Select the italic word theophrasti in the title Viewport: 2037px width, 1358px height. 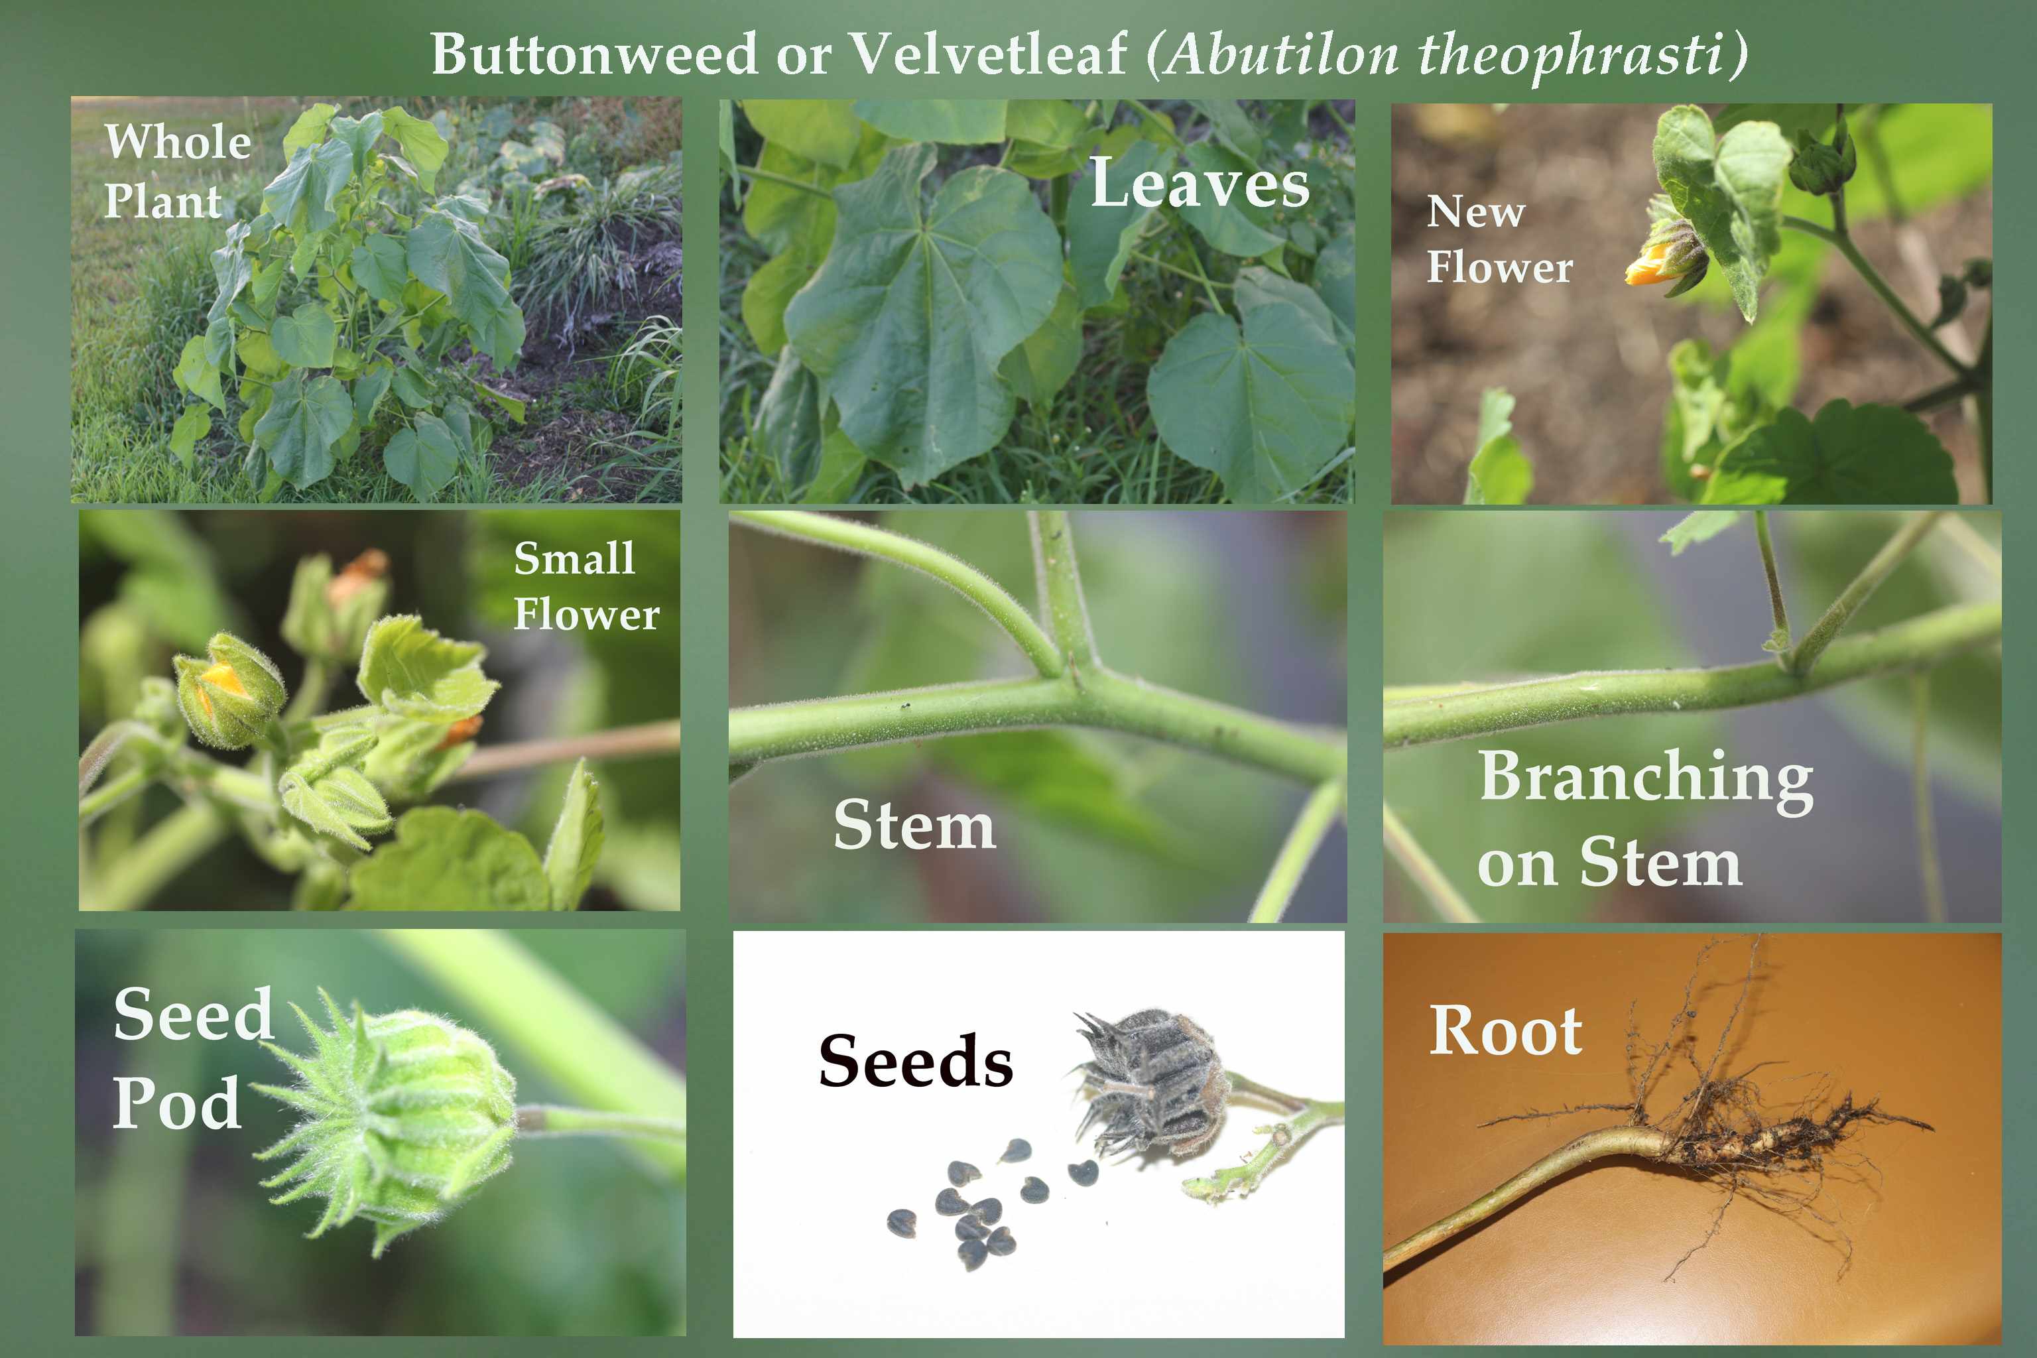pyautogui.click(x=1568, y=54)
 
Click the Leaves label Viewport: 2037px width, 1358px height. pyautogui.click(x=1200, y=184)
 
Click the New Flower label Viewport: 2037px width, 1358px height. pyautogui.click(x=1499, y=239)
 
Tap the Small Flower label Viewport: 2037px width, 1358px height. pyautogui.click(x=586, y=586)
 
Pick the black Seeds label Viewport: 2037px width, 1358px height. pyautogui.click(x=916, y=1060)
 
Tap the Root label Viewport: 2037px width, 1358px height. pyautogui.click(x=1505, y=1030)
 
